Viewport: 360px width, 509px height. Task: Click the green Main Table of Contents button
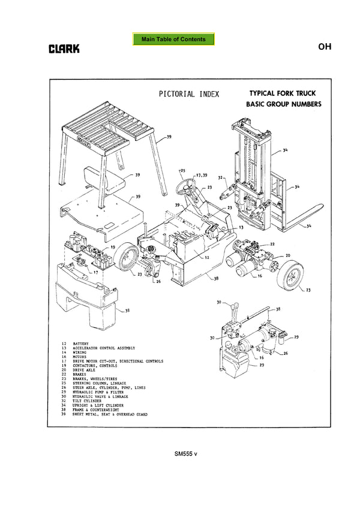(x=173, y=40)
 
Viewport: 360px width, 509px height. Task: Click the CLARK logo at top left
(x=64, y=49)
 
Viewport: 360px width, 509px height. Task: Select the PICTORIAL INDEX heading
(x=189, y=94)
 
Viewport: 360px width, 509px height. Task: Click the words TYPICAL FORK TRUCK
(x=282, y=94)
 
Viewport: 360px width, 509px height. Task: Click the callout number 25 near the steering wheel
(x=183, y=170)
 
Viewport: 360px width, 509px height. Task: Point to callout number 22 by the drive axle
(x=272, y=243)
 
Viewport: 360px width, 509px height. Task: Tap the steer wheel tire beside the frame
(x=127, y=259)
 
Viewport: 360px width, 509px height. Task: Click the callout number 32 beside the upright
(x=221, y=177)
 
